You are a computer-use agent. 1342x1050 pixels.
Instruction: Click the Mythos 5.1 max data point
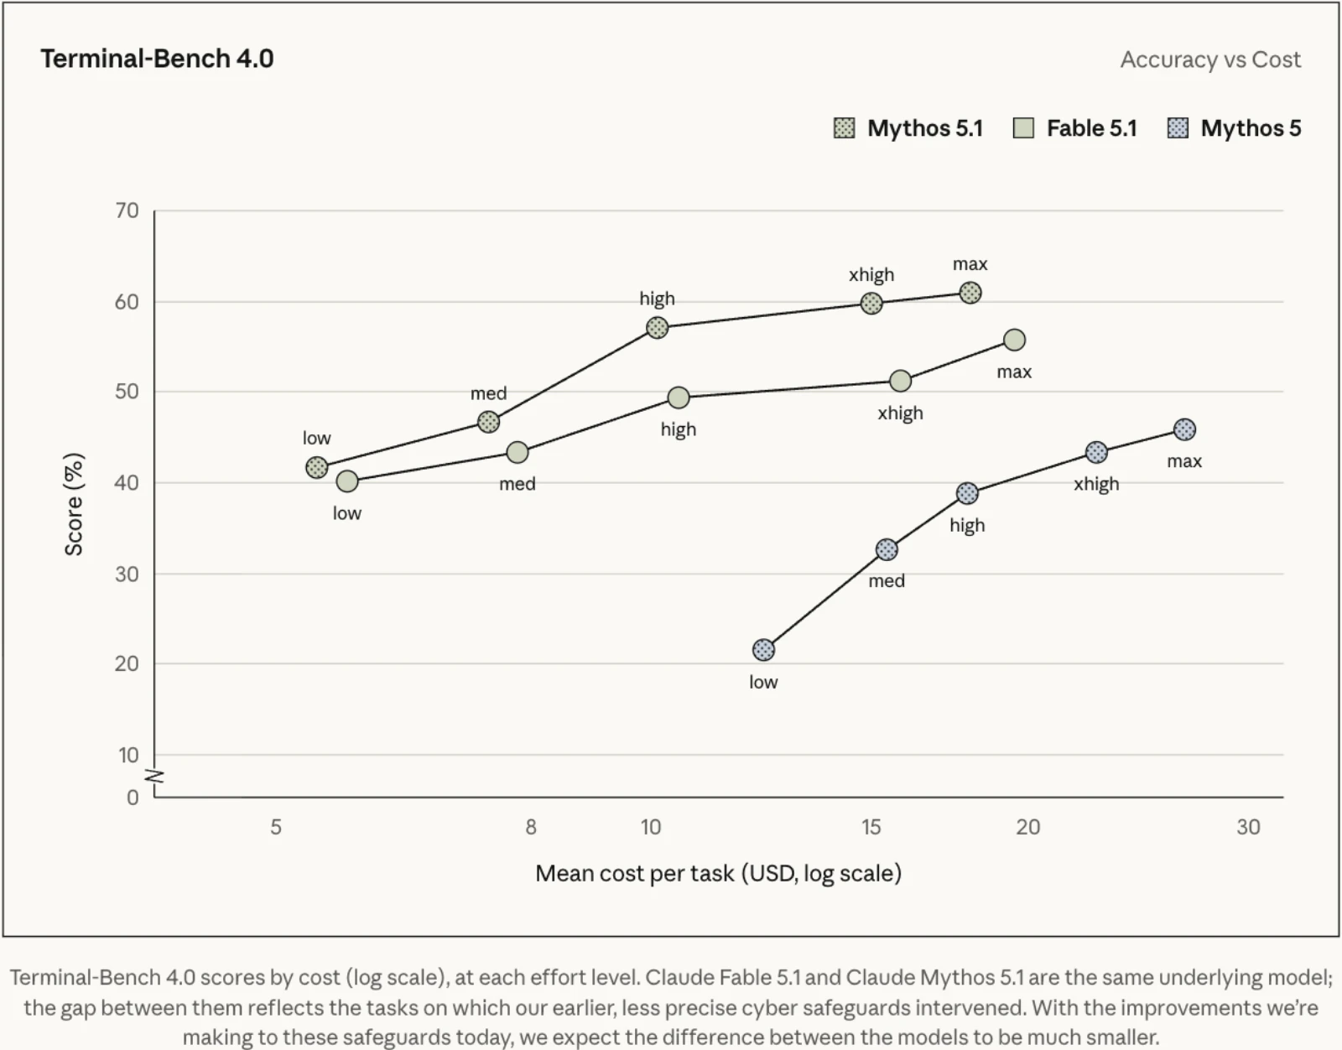coord(970,293)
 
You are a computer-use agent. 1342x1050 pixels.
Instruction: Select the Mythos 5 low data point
coord(763,650)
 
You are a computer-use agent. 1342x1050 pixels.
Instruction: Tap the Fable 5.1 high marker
coord(678,398)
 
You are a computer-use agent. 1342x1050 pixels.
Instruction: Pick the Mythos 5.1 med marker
coord(488,422)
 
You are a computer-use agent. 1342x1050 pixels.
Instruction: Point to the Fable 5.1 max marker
coord(1014,340)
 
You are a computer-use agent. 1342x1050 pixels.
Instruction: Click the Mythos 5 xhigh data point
coord(1096,453)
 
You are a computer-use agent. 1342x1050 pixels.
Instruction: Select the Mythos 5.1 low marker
coord(317,467)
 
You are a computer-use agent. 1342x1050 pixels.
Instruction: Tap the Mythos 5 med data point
coord(887,549)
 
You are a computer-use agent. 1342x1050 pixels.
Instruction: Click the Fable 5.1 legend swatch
coord(1023,128)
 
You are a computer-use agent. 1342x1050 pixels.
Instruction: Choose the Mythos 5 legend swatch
coord(1177,128)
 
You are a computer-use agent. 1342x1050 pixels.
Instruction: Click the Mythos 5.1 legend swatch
coord(845,128)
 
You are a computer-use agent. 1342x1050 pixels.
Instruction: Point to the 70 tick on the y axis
coord(127,211)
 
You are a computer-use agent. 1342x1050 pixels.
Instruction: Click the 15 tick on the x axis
coord(871,827)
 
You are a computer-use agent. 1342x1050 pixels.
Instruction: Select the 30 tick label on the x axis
coord(1248,827)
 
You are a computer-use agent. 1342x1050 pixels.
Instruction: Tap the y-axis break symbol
coord(154,777)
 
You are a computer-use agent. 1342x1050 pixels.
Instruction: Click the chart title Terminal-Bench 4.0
coord(157,59)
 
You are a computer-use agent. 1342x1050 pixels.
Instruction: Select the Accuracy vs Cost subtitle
coord(1210,60)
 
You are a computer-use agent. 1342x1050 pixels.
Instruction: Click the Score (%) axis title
coord(74,504)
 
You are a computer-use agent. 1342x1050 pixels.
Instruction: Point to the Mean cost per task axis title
coord(718,873)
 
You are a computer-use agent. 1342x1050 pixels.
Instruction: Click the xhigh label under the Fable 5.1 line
coord(901,413)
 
